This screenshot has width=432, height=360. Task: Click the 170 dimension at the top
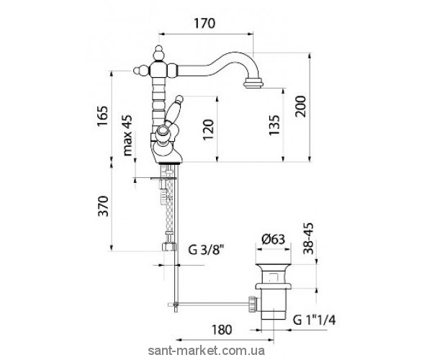pos(204,24)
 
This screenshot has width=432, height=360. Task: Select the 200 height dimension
pos(300,107)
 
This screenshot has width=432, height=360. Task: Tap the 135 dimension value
pos(274,125)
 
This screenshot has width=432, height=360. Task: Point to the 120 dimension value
pos(208,130)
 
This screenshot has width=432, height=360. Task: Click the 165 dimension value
pos(102,116)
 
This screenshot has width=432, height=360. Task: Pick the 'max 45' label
pos(127,135)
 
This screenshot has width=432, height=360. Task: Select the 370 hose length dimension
pos(103,206)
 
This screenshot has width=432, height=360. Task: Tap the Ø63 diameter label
pos(273,239)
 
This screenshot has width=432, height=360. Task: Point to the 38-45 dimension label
pos(308,238)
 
